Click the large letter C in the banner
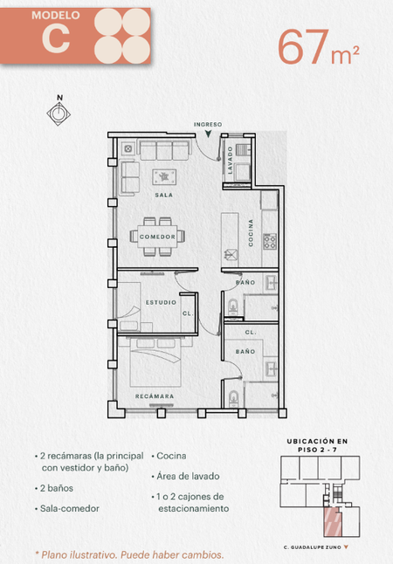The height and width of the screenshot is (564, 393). tap(56, 38)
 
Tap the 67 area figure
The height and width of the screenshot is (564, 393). tap(303, 47)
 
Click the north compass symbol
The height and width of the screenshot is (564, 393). tap(59, 113)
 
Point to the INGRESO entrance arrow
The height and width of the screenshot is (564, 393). tap(208, 134)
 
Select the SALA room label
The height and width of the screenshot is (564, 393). tap(164, 195)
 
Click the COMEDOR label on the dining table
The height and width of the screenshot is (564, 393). tap(157, 237)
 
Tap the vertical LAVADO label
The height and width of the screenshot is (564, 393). tap(230, 160)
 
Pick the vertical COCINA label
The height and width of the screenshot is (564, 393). tap(251, 233)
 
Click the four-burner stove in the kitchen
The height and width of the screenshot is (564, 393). tap(270, 241)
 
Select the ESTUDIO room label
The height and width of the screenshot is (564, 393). tap(161, 302)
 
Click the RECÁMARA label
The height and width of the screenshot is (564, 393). tap(155, 396)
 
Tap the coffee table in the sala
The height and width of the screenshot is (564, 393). tap(164, 176)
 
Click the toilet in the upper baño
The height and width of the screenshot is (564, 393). tap(233, 307)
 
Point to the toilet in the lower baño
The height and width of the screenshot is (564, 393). tap(233, 399)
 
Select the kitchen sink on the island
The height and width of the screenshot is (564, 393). tap(231, 255)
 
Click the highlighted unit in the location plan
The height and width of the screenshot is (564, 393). tap(332, 522)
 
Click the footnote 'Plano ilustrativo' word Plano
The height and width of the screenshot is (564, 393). tap(53, 554)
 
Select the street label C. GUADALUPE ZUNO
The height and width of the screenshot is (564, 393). tap(312, 547)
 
